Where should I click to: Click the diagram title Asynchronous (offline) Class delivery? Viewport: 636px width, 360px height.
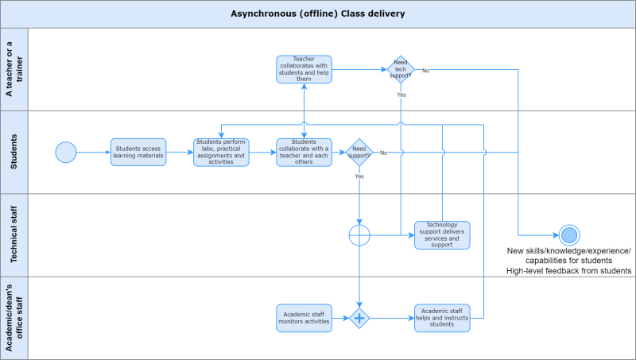tap(317, 14)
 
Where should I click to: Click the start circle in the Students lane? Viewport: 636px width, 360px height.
tap(66, 152)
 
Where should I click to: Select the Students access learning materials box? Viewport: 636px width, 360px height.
tap(138, 152)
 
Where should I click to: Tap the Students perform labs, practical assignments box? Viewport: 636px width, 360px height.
tap(221, 152)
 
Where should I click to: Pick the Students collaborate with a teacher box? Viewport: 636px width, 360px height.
tap(304, 152)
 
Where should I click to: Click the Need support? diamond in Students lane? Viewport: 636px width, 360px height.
tap(359, 152)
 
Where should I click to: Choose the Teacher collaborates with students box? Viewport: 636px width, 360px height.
tap(304, 69)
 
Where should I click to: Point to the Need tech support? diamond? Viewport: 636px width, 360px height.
tap(401, 69)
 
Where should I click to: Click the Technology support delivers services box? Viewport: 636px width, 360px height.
tap(442, 235)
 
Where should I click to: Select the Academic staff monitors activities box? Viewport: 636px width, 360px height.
tap(304, 318)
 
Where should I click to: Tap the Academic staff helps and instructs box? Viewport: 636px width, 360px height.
tap(442, 318)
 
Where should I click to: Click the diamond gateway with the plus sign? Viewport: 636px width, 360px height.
tap(359, 318)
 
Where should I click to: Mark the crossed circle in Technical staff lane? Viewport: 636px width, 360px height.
tap(359, 235)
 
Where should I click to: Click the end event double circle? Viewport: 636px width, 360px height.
tap(569, 235)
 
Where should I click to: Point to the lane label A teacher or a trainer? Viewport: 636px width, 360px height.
tap(14, 69)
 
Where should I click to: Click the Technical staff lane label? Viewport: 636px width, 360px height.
tap(14, 235)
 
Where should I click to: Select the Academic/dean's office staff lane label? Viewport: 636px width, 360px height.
tap(14, 318)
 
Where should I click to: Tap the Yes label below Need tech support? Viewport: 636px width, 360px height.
tap(401, 95)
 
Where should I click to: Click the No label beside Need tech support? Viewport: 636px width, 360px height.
tap(425, 71)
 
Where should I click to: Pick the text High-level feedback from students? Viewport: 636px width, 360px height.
tap(569, 271)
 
